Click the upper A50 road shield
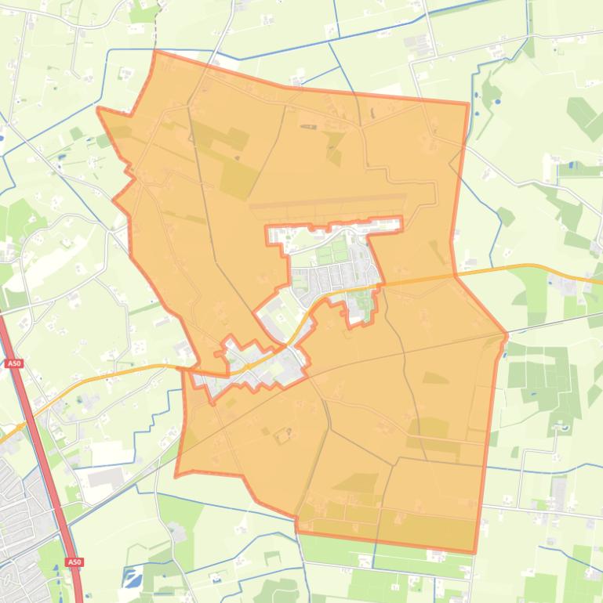pos(13,363)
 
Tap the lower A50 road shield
pos(74,562)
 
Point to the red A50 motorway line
pos(43,462)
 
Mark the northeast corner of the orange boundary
pos(468,103)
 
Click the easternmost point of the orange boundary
pos(507,336)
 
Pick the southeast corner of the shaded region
pos(474,552)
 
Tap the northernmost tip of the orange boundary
pos(155,52)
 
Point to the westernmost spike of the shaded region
pos(98,109)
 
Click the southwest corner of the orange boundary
pos(176,475)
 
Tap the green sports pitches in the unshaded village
pos(332,252)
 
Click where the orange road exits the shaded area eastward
pos(455,276)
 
